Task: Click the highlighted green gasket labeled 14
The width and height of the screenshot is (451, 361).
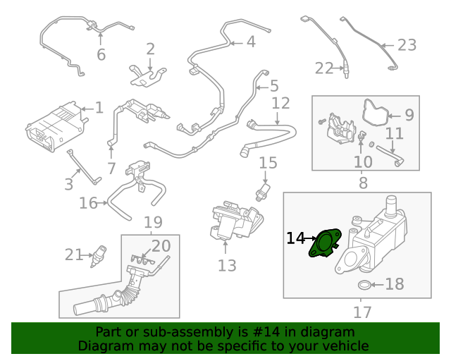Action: [x=324, y=244]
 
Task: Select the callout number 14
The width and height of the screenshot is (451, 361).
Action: [x=295, y=239]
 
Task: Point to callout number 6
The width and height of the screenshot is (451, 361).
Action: [x=101, y=54]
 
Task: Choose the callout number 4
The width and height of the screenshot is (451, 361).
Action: [x=250, y=42]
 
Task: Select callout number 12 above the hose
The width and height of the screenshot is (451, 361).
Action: [x=280, y=104]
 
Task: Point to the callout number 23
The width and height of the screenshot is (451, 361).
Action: [x=407, y=46]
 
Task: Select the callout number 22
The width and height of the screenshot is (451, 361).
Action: [x=323, y=68]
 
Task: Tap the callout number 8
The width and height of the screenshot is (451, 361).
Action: [x=363, y=183]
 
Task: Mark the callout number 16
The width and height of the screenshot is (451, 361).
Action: [x=88, y=204]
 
